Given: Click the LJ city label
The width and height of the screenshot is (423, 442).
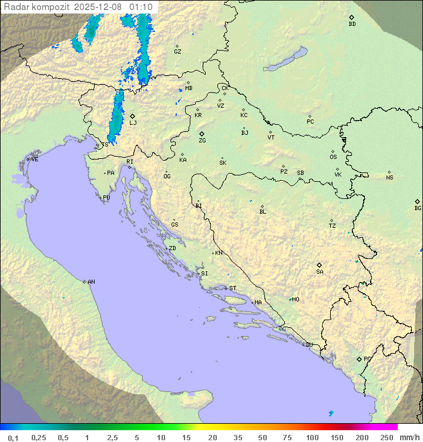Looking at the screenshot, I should pyautogui.click(x=133, y=122).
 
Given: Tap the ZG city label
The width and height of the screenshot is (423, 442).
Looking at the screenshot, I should pyautogui.click(x=202, y=141).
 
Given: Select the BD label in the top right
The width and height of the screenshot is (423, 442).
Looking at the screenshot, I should pyautogui.click(x=352, y=24).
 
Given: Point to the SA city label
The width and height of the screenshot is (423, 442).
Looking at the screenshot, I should pyautogui.click(x=320, y=271).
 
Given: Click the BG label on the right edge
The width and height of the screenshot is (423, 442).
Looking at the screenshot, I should pyautogui.click(x=418, y=208).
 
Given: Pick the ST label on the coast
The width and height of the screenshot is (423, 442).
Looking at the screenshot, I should pyautogui.click(x=233, y=288).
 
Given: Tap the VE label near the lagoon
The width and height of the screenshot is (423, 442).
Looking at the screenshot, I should pyautogui.click(x=35, y=159).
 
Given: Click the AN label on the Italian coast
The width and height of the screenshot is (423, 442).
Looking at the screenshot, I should pyautogui.click(x=91, y=282).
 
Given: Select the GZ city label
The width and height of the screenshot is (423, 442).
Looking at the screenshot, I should pyautogui.click(x=177, y=52).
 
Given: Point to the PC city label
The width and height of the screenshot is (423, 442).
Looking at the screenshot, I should pyautogui.click(x=310, y=122).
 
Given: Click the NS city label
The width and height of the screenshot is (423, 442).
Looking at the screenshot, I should pyautogui.click(x=390, y=178).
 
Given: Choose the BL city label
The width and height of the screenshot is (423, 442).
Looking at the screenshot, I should pyautogui.click(x=263, y=212).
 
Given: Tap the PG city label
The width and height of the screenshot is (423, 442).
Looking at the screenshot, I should pyautogui.click(x=367, y=358).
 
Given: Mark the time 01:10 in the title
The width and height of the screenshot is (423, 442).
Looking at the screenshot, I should pyautogui.click(x=141, y=7).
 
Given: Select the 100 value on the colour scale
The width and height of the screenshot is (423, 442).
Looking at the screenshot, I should pyautogui.click(x=312, y=437).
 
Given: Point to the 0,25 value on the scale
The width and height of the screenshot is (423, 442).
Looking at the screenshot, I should pyautogui.click(x=39, y=437).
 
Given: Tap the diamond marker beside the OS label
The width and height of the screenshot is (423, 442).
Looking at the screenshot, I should pyautogui.click(x=333, y=151).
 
